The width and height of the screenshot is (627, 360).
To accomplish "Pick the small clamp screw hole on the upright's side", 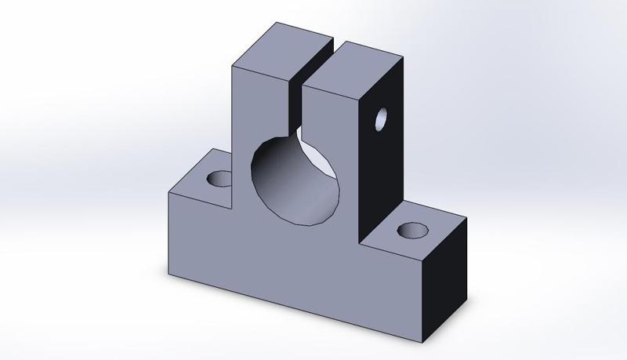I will tap(381, 119).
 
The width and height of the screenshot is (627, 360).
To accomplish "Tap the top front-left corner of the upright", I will tap(233, 66).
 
